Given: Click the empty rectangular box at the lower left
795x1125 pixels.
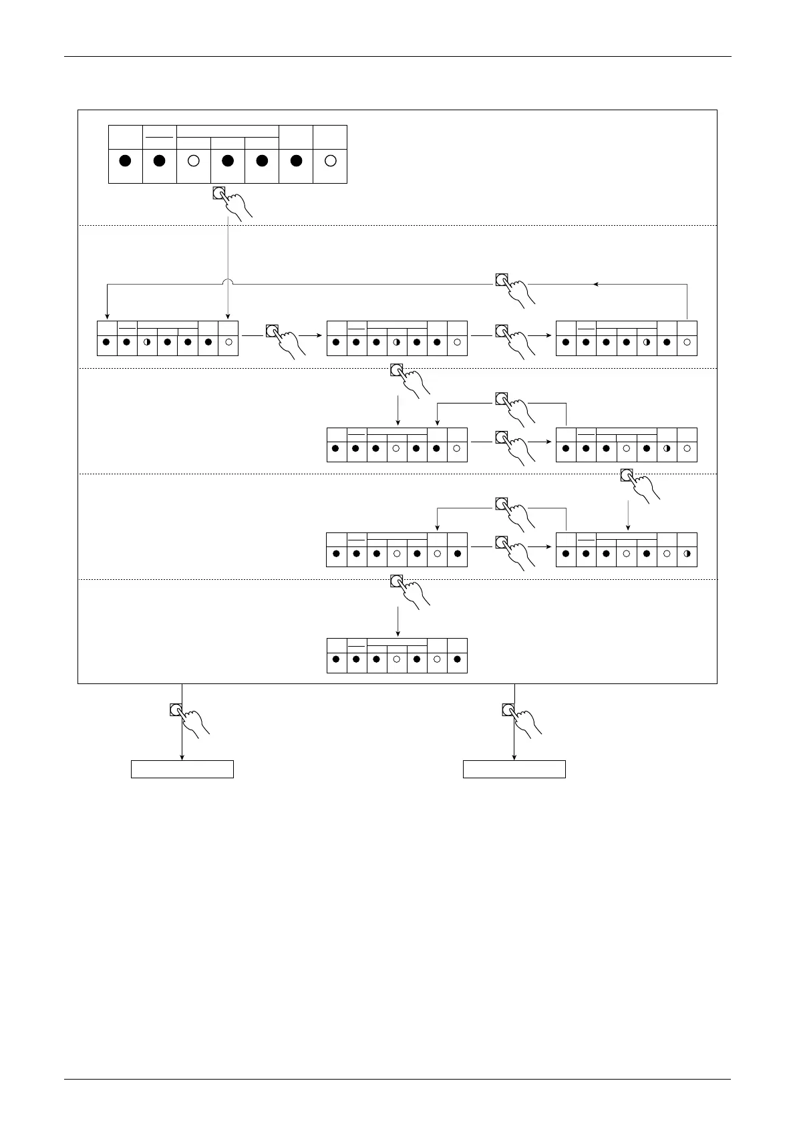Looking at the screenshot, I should [182, 769].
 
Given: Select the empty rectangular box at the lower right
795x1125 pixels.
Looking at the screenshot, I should [514, 769].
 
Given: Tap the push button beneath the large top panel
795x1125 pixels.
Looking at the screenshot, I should [218, 193].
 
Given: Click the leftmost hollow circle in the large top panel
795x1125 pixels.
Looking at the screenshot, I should [193, 161].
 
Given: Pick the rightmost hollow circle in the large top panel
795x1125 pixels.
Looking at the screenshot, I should [330, 161].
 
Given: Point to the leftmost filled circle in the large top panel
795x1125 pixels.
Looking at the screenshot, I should [125, 161].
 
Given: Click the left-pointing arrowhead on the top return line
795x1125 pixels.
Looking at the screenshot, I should [595, 284].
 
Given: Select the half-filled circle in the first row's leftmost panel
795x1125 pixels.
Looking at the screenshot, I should [146, 343].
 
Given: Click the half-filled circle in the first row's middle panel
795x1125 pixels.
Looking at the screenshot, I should [396, 343].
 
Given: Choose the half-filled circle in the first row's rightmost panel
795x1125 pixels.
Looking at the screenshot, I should [646, 343].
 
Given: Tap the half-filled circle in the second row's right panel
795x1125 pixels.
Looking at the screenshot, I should [667, 448].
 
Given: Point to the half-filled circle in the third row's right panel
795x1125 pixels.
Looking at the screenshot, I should [687, 554].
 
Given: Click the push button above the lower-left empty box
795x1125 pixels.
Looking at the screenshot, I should [176, 709].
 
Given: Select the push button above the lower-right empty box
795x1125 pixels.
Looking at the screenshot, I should [508, 709].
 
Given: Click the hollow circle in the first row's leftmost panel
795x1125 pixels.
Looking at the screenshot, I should [228, 343].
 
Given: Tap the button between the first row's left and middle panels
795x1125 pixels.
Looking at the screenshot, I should [271, 331].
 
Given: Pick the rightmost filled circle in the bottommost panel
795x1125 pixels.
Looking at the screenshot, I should [457, 659].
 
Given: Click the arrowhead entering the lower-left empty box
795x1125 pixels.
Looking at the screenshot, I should [182, 757].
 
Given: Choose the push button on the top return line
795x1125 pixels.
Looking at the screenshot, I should [501, 279].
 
